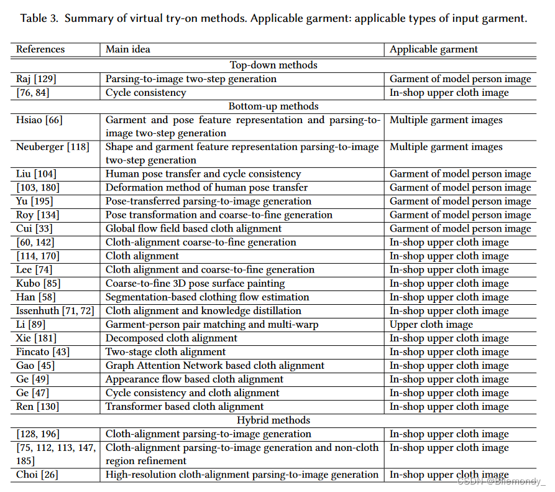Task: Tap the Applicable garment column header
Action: (x=434, y=49)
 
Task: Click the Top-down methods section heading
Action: (x=273, y=65)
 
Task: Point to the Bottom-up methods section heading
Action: (x=273, y=106)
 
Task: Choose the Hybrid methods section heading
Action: (x=273, y=420)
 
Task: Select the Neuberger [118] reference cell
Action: (x=53, y=147)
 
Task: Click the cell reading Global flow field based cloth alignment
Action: (x=193, y=229)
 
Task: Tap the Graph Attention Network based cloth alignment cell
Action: (x=215, y=366)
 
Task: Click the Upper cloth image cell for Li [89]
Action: (x=431, y=325)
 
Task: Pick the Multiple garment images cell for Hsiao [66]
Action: (x=446, y=120)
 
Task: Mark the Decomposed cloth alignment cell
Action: (x=172, y=338)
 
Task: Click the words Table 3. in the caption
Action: (x=39, y=18)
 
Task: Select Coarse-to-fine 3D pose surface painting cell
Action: (x=195, y=284)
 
